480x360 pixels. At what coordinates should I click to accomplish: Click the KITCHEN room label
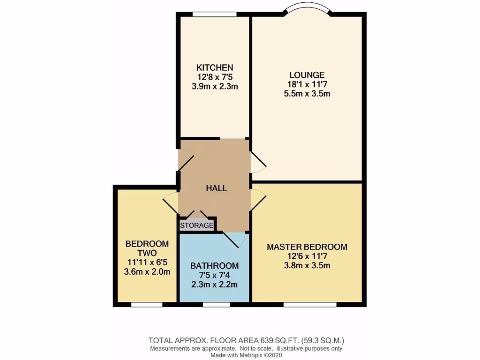215,67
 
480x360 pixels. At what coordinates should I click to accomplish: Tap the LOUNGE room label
307,75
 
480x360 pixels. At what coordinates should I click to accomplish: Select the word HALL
217,188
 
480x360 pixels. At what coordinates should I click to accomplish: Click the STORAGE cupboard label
197,225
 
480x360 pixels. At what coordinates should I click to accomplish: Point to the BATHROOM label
214,266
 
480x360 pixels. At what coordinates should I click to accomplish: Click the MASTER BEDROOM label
307,247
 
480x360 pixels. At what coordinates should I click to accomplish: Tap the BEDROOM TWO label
147,248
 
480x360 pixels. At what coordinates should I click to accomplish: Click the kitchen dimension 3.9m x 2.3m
215,86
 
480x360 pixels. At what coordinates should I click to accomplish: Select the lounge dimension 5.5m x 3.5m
307,93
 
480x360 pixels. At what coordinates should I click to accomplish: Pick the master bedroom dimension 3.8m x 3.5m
307,266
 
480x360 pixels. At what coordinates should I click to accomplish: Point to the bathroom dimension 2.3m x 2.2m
214,285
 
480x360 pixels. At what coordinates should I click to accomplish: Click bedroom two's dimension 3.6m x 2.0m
147,272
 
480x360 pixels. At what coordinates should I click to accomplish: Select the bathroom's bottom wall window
216,304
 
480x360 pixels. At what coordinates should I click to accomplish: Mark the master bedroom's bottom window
310,304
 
